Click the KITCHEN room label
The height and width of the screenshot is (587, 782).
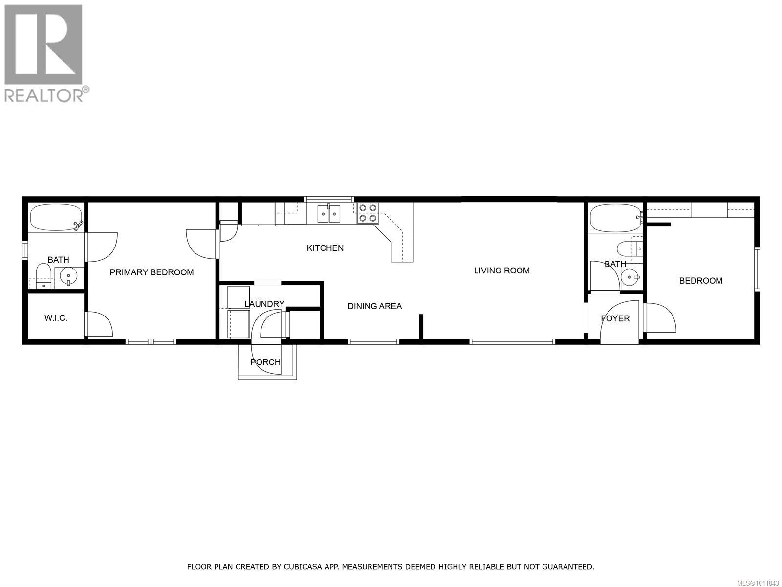click(325, 248)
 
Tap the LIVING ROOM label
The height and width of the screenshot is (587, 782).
click(501, 271)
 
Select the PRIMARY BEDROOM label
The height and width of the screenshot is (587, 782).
click(152, 272)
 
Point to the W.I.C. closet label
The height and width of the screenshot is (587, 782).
click(56, 318)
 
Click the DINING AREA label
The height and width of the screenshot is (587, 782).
click(374, 306)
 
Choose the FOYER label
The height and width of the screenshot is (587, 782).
click(615, 318)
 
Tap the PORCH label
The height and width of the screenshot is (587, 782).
click(265, 362)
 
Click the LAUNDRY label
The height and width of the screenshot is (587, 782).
click(264, 304)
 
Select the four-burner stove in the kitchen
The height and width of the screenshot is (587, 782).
click(368, 213)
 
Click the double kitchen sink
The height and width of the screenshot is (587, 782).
click(329, 213)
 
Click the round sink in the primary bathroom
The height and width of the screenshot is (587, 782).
click(68, 277)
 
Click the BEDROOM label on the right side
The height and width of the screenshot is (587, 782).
click(700, 281)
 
